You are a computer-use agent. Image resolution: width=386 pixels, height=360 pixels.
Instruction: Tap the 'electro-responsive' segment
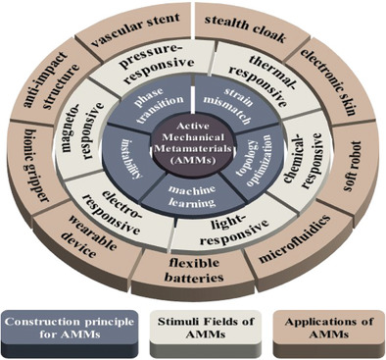(x=116, y=201)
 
